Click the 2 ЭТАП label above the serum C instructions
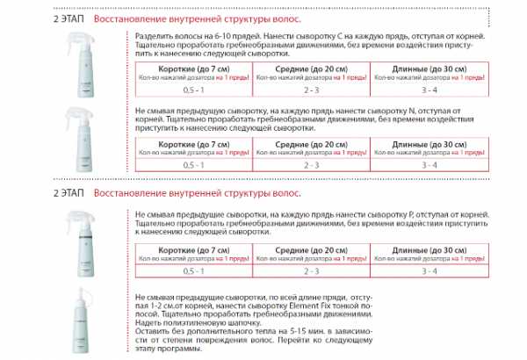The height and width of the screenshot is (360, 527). point(69,17)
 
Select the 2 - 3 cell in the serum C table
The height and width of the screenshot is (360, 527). point(310,90)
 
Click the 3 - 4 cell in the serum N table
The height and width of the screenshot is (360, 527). point(429,165)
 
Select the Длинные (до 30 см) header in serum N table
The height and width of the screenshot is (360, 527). point(429,143)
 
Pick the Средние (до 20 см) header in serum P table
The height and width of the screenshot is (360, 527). point(310,249)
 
